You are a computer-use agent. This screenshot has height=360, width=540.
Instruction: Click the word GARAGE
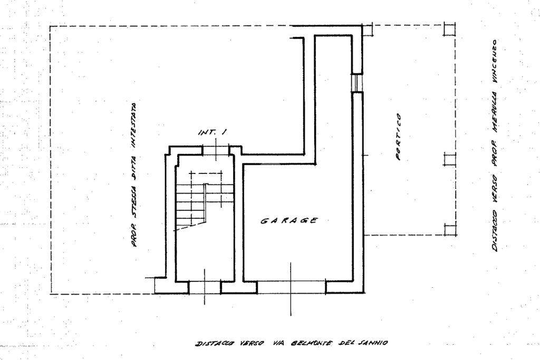point(289,220)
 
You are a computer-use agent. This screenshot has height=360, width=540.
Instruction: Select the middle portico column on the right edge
point(449,160)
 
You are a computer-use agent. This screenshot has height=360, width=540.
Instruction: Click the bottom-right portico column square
point(449,229)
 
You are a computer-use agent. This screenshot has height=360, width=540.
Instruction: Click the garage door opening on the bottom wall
point(291,287)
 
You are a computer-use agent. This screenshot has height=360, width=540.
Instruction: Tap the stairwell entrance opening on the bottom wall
point(205,287)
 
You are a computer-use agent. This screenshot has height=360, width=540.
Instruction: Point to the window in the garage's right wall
point(357,82)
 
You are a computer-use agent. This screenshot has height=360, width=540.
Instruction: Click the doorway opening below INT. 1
point(216,151)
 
